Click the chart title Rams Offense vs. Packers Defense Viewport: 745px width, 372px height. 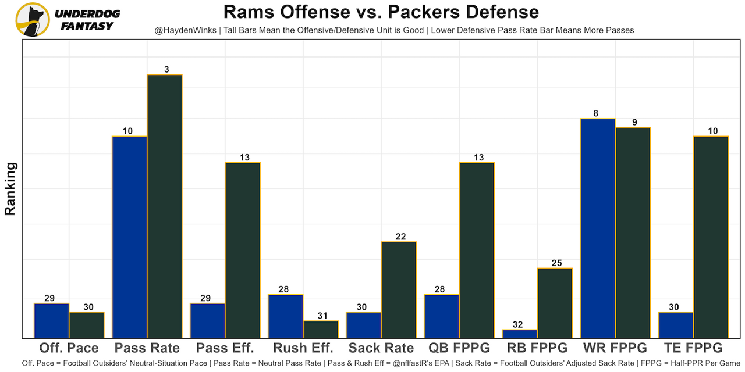(x=381, y=12)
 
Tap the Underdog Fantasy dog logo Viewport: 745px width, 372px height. (x=33, y=19)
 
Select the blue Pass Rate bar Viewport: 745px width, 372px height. (x=130, y=237)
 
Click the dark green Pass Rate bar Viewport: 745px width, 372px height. (x=165, y=206)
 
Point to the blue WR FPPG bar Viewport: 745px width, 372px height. (x=598, y=228)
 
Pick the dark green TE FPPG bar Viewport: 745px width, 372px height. (x=711, y=237)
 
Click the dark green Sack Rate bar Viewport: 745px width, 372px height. (x=399, y=289)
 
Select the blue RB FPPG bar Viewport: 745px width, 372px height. (x=520, y=334)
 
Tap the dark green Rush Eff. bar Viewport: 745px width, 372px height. (x=321, y=329)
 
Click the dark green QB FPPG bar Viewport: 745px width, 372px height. (x=477, y=250)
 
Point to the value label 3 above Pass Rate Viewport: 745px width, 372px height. (x=166, y=70)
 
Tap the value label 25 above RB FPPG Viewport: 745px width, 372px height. (x=556, y=263)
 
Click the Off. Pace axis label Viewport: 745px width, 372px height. (x=69, y=348)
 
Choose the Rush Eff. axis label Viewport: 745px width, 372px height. (x=303, y=348)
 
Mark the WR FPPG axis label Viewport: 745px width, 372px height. (x=615, y=348)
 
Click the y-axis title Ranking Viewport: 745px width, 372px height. (x=10, y=189)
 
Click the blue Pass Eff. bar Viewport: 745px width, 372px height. (x=208, y=320)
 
